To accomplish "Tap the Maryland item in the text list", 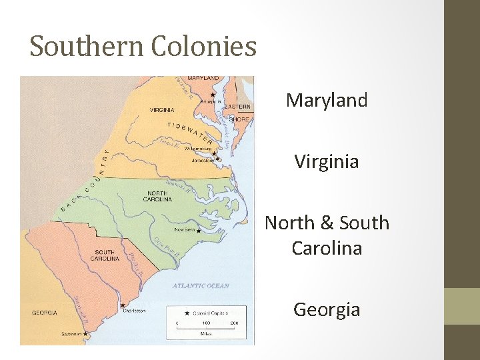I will click(327, 101).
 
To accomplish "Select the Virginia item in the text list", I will click(327, 161).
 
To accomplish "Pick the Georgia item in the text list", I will click(327, 309).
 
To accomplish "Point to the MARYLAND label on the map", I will click(202, 79).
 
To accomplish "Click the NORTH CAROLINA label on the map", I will click(158, 196).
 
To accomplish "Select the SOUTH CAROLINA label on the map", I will click(105, 255).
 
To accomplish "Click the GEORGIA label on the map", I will click(44, 313).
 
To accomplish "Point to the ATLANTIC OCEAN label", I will click(201, 286).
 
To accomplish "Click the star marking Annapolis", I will click(212, 95).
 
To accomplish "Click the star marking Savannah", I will click(85, 333).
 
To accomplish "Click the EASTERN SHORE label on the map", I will click(237, 113).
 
